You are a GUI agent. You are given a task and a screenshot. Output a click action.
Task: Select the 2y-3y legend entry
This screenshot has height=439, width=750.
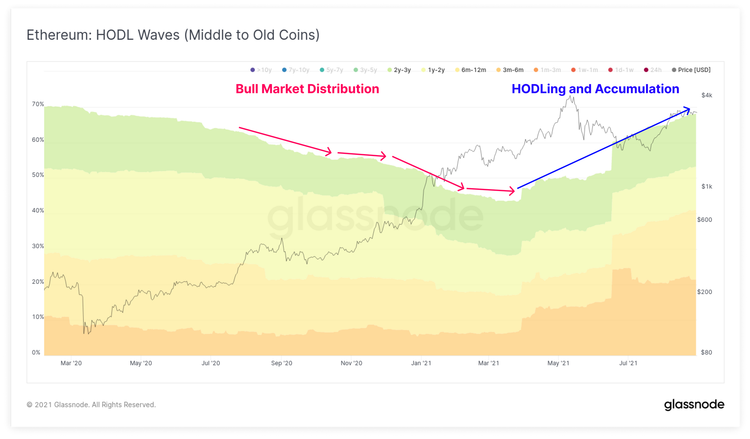(399, 70)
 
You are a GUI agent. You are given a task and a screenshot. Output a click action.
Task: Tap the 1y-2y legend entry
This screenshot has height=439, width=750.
(433, 70)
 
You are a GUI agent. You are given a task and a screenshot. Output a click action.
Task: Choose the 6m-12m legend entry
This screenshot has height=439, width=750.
(471, 70)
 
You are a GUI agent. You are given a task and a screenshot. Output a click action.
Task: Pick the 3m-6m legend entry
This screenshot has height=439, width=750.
(510, 70)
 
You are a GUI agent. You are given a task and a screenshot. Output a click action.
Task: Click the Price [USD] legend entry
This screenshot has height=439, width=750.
(691, 70)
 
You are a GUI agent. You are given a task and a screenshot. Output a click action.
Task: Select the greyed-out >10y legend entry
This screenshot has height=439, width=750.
(261, 70)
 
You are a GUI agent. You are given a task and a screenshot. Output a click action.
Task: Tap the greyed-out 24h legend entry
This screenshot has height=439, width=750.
(653, 70)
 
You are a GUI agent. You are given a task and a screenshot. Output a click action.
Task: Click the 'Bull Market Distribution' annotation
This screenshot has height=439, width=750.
(307, 89)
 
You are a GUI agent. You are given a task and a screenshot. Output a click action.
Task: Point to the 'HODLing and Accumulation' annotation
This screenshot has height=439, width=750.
(595, 89)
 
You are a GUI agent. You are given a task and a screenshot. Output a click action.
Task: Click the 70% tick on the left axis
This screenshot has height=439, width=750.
(38, 104)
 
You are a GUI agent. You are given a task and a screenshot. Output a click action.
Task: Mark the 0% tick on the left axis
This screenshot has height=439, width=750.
(36, 352)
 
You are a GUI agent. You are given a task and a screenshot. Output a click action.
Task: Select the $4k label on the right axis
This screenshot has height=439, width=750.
(707, 95)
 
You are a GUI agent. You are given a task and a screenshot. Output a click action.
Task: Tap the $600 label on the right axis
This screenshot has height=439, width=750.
(704, 220)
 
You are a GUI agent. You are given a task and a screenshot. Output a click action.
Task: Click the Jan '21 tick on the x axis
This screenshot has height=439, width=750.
(421, 363)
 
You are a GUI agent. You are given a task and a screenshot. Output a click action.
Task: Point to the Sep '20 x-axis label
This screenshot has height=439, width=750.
(282, 363)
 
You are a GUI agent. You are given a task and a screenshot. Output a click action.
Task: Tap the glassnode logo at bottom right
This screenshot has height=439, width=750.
(694, 405)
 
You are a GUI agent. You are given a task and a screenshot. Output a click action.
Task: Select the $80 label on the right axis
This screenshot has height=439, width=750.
(706, 352)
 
